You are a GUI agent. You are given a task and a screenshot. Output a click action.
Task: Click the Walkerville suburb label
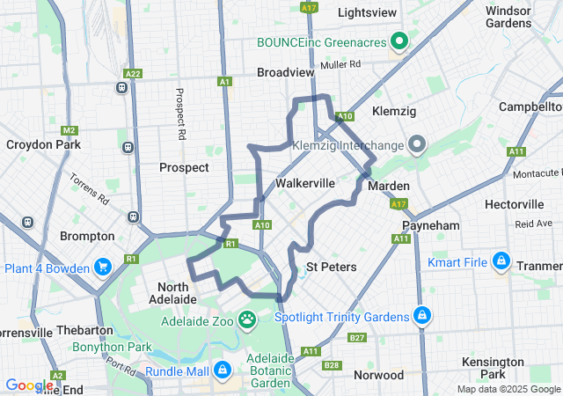(304, 183)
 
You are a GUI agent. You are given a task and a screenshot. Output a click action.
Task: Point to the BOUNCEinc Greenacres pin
(399, 41)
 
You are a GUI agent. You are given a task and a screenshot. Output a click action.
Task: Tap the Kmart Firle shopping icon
(501, 261)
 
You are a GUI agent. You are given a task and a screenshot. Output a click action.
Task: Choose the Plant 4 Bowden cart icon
(103, 267)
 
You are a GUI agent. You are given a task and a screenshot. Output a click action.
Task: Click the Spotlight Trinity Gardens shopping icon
(422, 315)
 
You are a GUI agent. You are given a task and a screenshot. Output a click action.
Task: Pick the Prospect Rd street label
(179, 114)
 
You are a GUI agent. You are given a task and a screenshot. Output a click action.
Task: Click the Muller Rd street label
(341, 64)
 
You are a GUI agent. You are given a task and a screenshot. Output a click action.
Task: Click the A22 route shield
(133, 74)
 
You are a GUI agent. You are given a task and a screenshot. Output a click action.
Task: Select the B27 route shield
(356, 337)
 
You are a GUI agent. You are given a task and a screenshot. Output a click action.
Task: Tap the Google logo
(29, 385)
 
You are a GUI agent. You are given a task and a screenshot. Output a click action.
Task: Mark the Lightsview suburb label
(367, 13)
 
